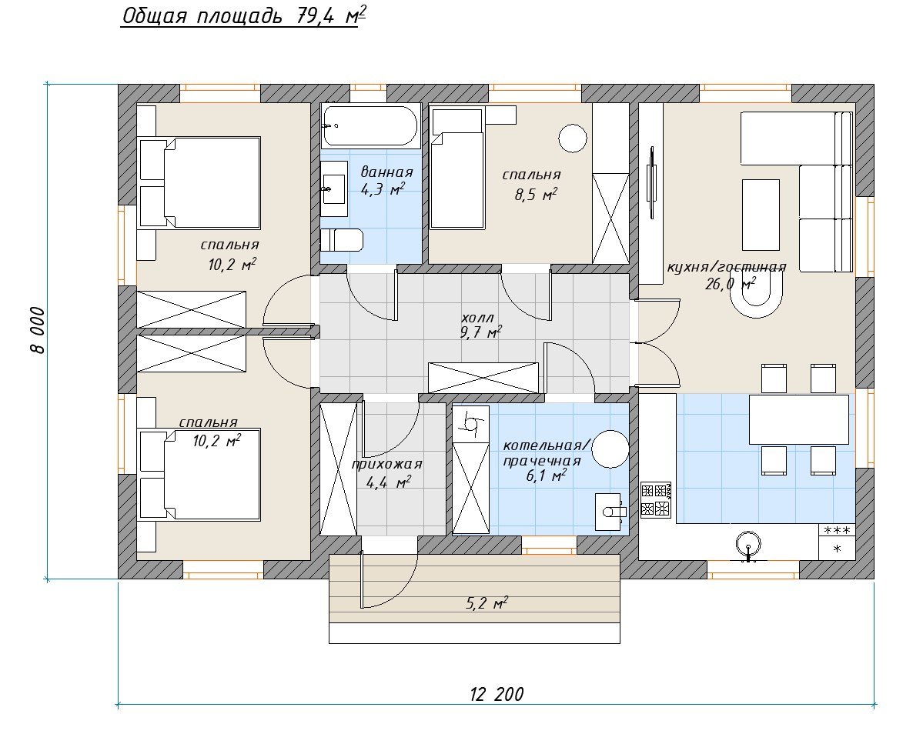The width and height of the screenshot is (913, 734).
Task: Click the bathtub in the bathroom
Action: (x=370, y=126)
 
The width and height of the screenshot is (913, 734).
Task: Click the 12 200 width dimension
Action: (x=497, y=695)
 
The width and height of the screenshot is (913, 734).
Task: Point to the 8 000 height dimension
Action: (x=37, y=330)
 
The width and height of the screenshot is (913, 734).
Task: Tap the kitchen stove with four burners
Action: (x=656, y=499)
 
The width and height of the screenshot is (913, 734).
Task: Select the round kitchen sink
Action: (x=748, y=546)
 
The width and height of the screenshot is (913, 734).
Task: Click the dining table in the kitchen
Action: (x=798, y=419)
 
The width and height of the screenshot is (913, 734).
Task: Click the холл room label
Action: (x=477, y=318)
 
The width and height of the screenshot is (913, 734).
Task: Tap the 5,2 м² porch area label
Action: (x=487, y=603)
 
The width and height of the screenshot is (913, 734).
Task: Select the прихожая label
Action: (x=386, y=465)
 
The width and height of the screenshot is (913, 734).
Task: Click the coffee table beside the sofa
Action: (x=761, y=215)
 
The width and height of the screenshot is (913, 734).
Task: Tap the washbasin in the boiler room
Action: (x=610, y=512)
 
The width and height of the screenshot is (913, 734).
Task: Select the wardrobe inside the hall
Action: (x=483, y=378)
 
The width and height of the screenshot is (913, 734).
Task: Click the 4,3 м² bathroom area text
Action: (x=383, y=189)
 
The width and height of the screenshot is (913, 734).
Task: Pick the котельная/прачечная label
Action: (x=546, y=453)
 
